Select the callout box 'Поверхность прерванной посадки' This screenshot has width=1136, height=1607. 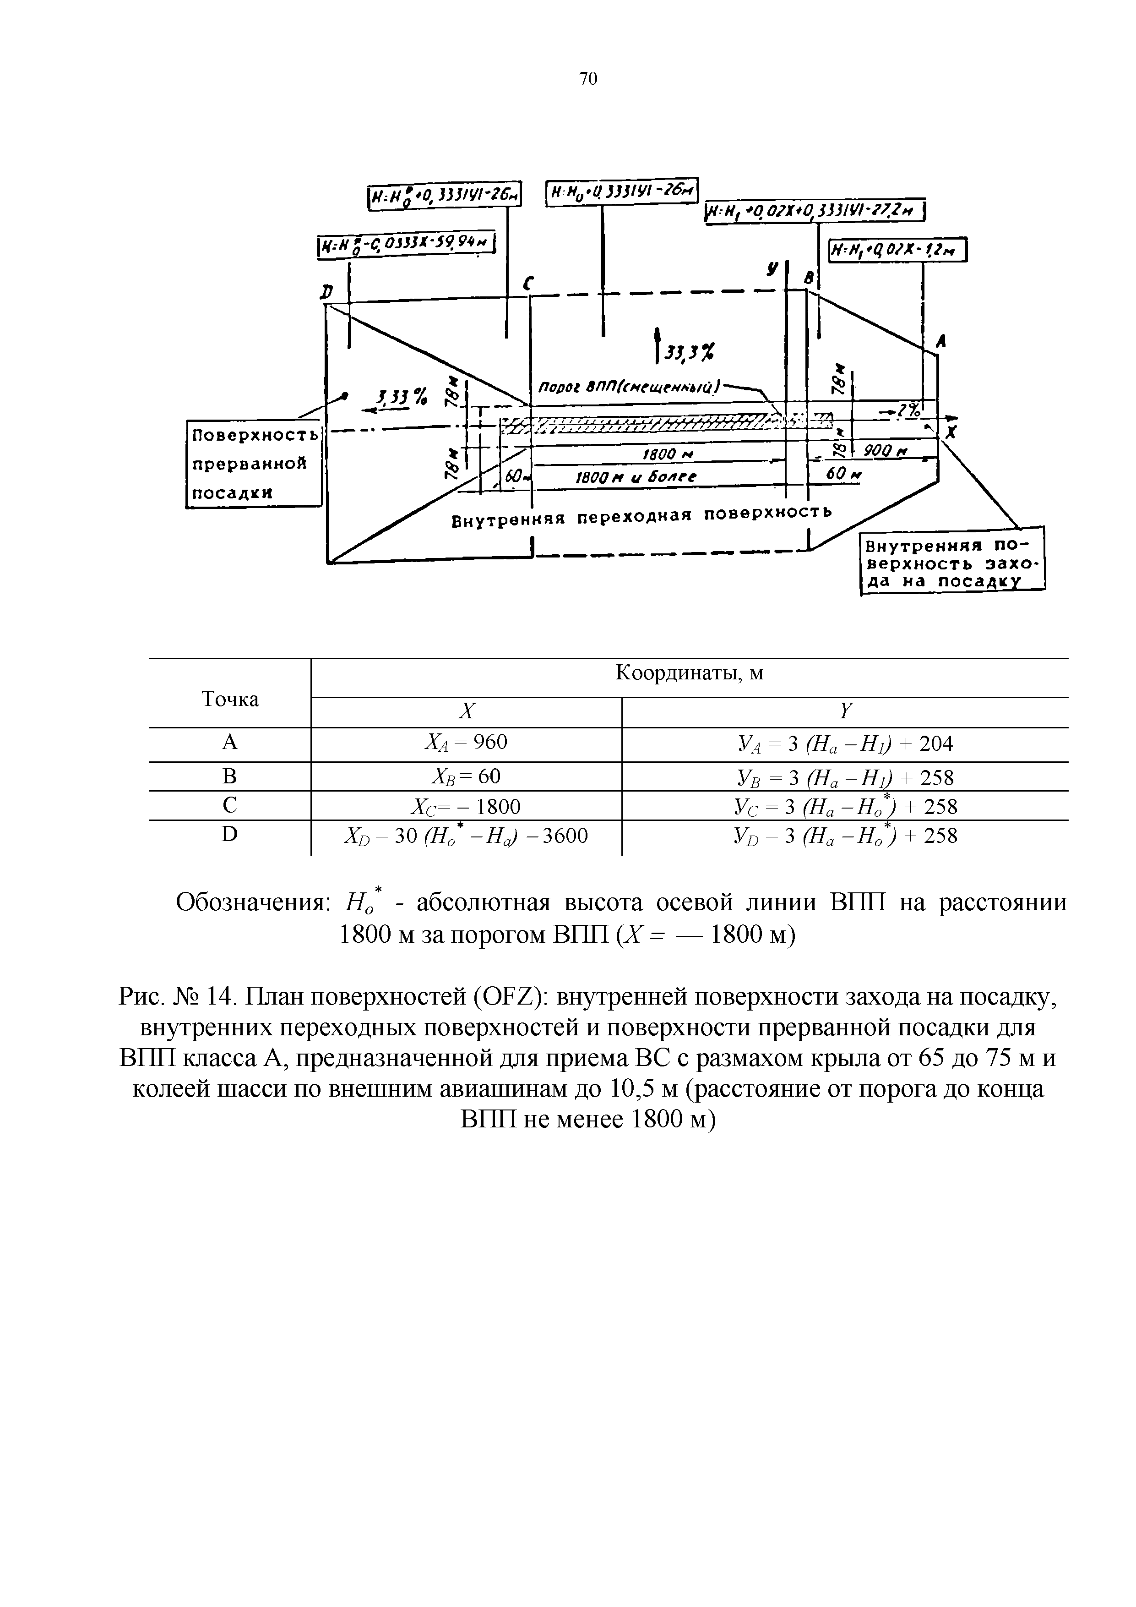pyautogui.click(x=253, y=463)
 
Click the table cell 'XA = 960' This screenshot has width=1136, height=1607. pyautogui.click(x=466, y=743)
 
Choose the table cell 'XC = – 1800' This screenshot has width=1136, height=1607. pyautogui.click(x=466, y=807)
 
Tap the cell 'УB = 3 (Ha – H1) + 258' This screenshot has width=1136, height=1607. pyautogui.click(x=845, y=777)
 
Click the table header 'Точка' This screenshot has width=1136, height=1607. pyautogui.click(x=230, y=699)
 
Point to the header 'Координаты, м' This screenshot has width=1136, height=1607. pyautogui.click(x=689, y=674)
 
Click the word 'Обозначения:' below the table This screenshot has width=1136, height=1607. pyautogui.click(x=253, y=903)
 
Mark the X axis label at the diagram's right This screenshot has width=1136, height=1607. pyautogui.click(x=950, y=435)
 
